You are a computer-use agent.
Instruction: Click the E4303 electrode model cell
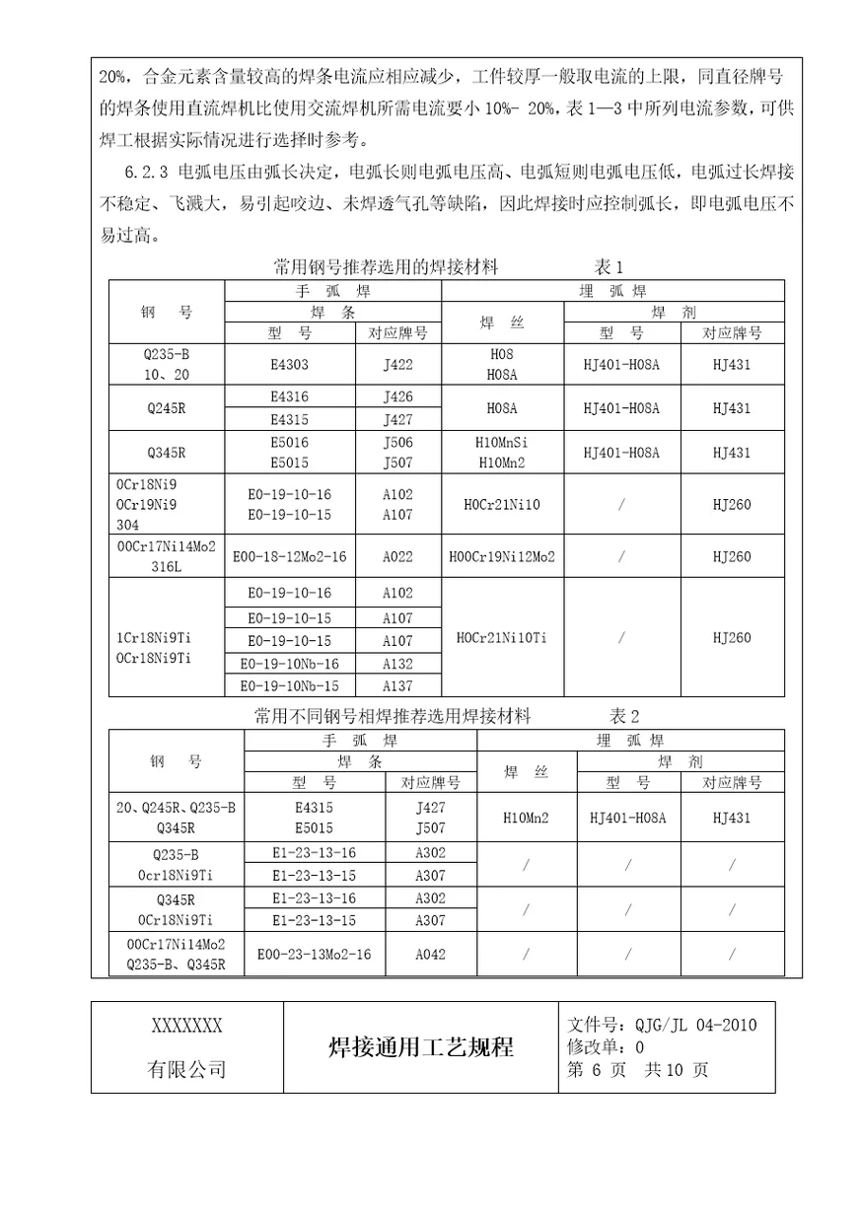(289, 365)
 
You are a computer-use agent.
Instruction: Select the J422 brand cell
(397, 365)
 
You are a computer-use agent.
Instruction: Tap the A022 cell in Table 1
(397, 556)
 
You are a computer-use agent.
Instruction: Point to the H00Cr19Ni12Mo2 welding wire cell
(502, 556)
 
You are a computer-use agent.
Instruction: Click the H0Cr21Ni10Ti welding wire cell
(502, 638)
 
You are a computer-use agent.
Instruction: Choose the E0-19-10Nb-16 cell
(289, 664)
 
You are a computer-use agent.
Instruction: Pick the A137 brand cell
(397, 686)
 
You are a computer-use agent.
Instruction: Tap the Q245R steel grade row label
(166, 408)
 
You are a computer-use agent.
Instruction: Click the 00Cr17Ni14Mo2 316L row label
(166, 556)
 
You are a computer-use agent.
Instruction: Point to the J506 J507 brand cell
(397, 453)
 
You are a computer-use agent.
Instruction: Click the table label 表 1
(609, 267)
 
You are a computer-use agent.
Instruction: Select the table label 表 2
(624, 716)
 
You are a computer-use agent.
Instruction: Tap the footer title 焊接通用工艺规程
(419, 1047)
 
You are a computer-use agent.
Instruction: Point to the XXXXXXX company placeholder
(186, 1026)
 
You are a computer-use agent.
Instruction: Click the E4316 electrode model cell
(289, 396)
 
